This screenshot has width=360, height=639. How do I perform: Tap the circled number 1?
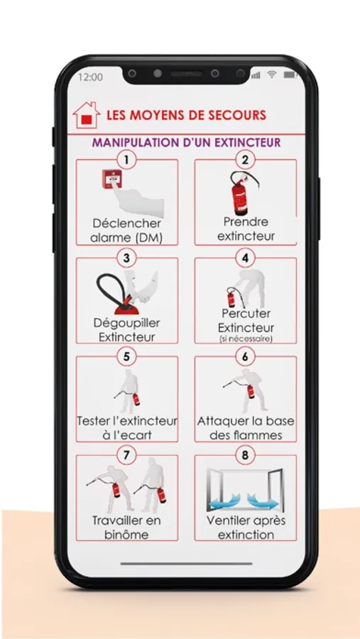tap(126, 159)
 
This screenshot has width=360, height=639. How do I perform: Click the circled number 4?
tap(245, 258)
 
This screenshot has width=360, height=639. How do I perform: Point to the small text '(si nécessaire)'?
tap(246, 339)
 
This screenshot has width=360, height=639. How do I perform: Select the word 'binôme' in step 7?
tap(126, 534)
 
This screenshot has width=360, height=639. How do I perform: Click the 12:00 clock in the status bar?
tap(90, 77)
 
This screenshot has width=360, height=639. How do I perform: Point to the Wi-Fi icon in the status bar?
tap(271, 75)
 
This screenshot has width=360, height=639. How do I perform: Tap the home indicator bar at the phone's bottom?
tap(186, 564)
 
